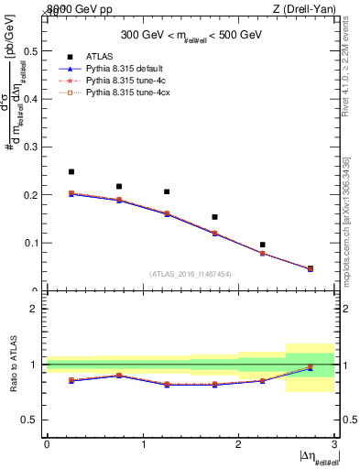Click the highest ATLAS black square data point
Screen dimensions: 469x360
pyautogui.click(x=71, y=171)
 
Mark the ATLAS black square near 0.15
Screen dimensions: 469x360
pyautogui.click(x=214, y=217)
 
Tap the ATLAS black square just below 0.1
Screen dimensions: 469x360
pyautogui.click(x=262, y=245)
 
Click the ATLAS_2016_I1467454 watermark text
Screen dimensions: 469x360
pyautogui.click(x=191, y=273)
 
